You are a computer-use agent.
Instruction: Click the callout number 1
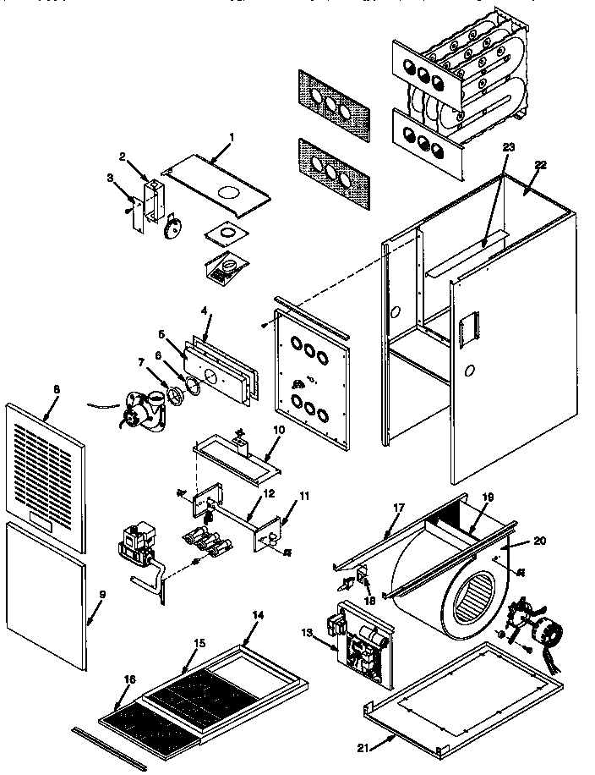[232, 136]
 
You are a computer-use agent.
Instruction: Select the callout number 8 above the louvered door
[56, 390]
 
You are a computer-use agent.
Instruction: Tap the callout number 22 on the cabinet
[540, 165]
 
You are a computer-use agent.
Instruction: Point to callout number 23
[508, 146]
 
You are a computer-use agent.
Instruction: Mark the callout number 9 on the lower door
[102, 594]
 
